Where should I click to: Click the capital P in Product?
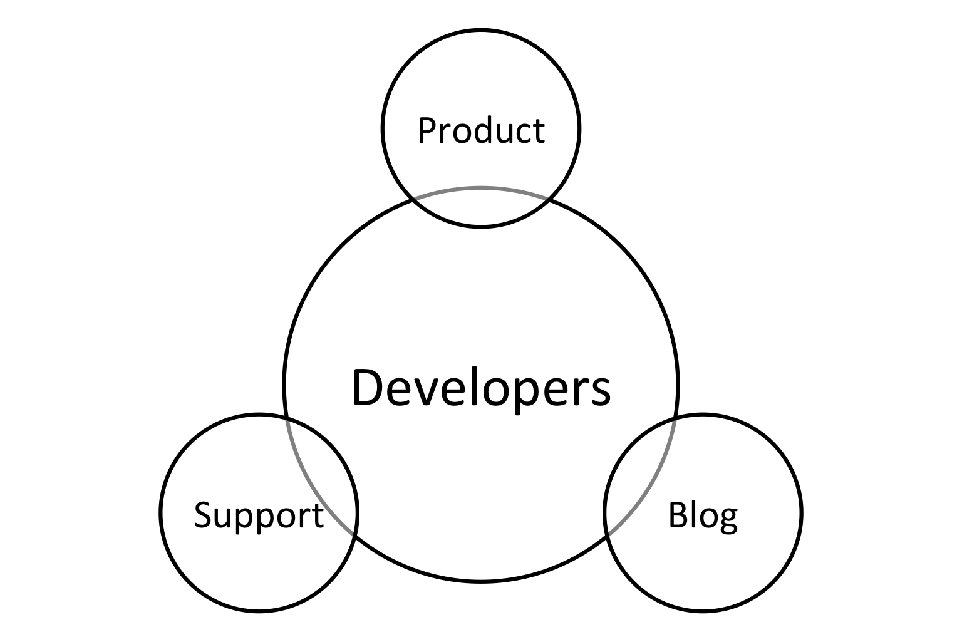(x=428, y=130)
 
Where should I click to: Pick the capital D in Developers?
(x=368, y=387)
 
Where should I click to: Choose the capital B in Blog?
(x=678, y=514)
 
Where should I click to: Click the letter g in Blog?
(x=727, y=520)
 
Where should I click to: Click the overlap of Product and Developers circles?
(x=481, y=206)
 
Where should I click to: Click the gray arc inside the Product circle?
(x=481, y=188)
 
